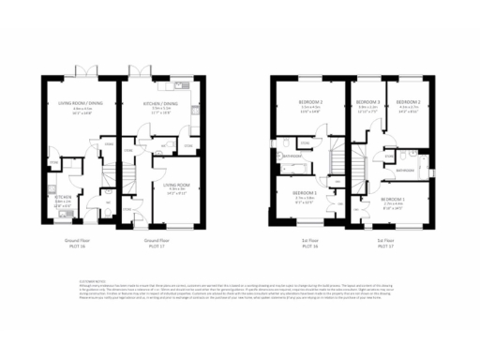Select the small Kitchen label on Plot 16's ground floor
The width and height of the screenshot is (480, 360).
(62, 198)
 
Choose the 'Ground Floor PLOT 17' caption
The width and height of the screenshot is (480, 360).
(158, 242)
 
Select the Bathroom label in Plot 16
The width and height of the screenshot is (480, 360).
(292, 156)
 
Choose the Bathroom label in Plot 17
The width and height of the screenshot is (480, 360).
(406, 171)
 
